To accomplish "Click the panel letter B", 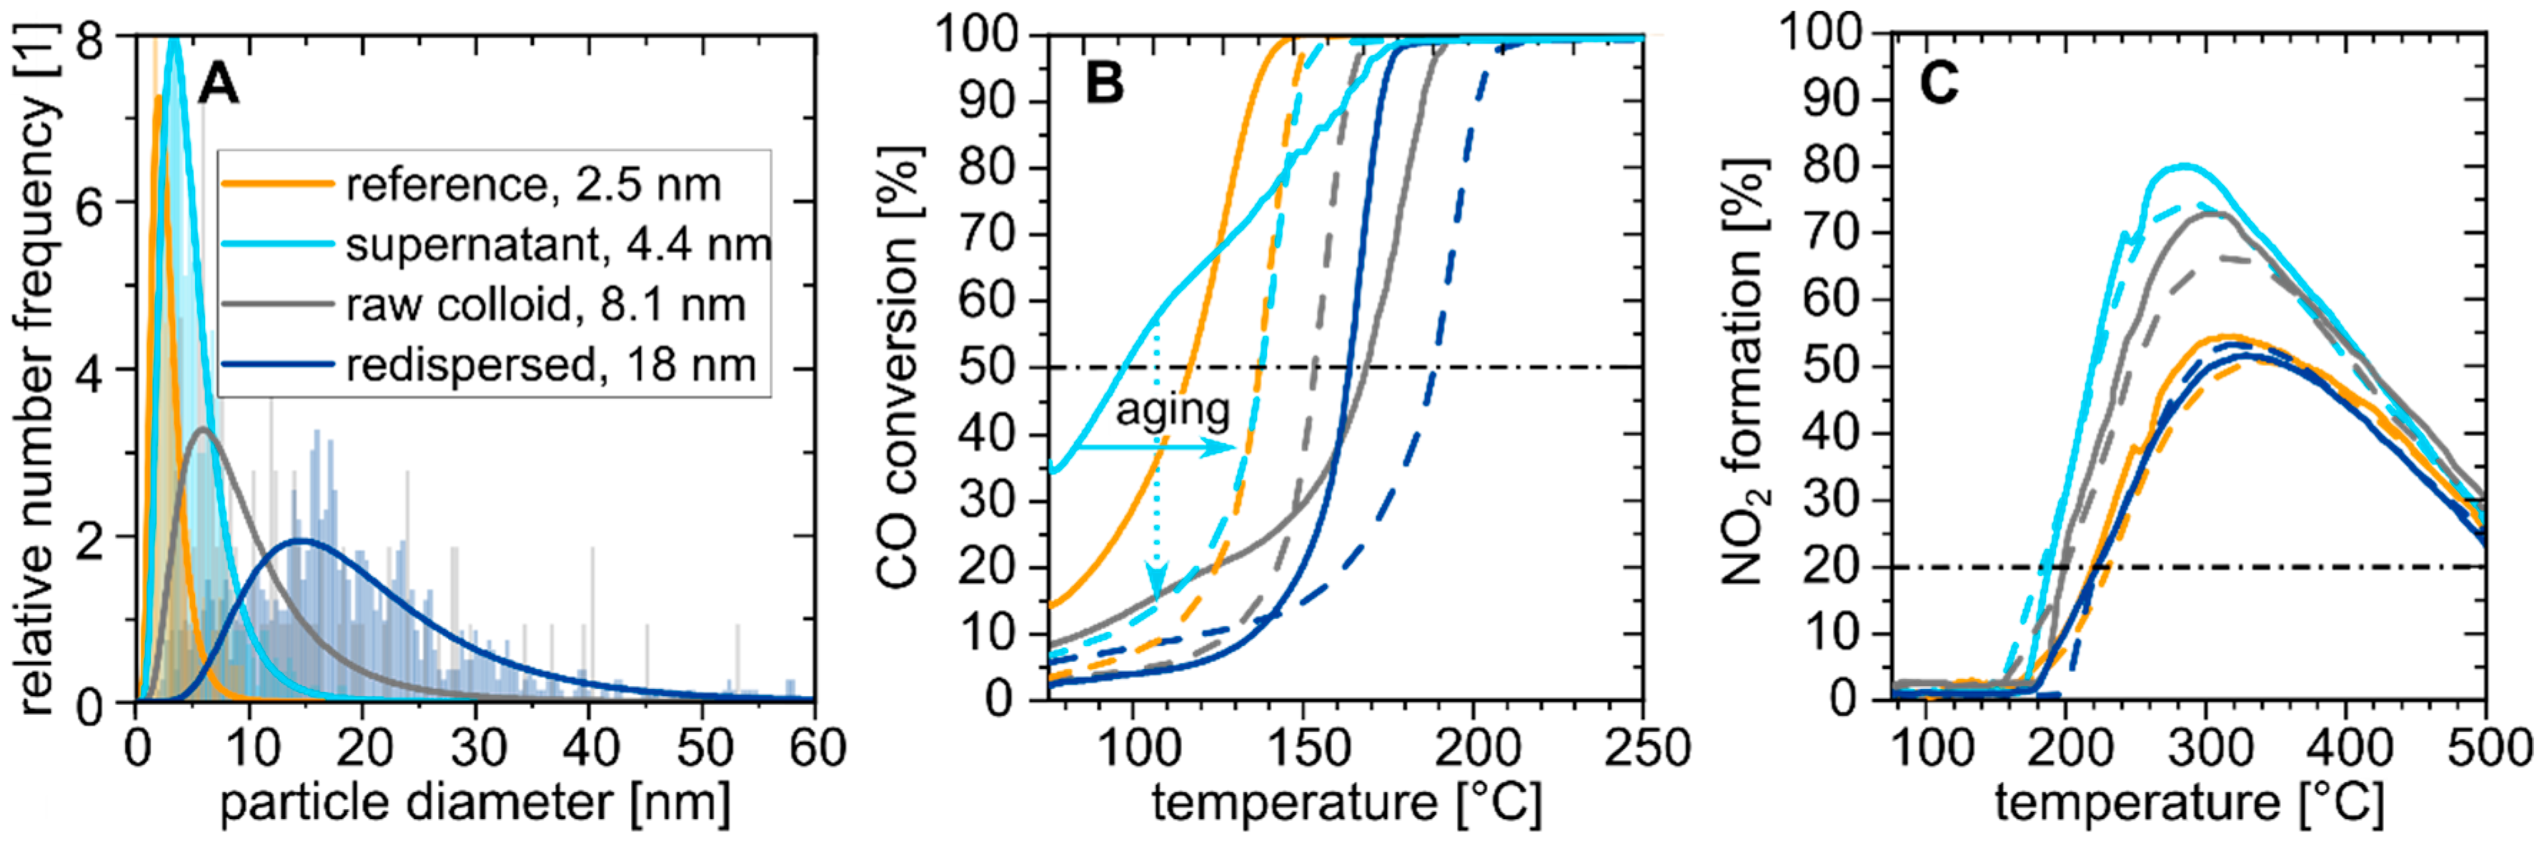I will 1104,82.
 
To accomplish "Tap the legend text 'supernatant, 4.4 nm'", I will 558,245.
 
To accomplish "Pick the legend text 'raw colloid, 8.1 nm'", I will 545,305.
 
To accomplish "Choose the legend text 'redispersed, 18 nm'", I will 550,365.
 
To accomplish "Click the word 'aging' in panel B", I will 1172,410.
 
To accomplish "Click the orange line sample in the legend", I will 277,184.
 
